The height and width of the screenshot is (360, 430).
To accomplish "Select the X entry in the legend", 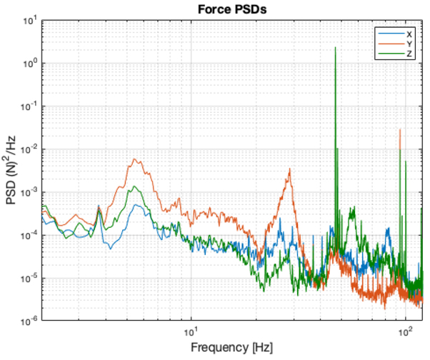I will coord(409,34).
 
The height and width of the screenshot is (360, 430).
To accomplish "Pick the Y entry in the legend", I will coord(409,43).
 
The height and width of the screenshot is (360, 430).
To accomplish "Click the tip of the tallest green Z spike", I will coord(335,48).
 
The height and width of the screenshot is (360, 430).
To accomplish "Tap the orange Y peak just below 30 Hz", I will coord(289,169).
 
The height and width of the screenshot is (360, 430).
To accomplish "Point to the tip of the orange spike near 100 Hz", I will coord(400,129).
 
